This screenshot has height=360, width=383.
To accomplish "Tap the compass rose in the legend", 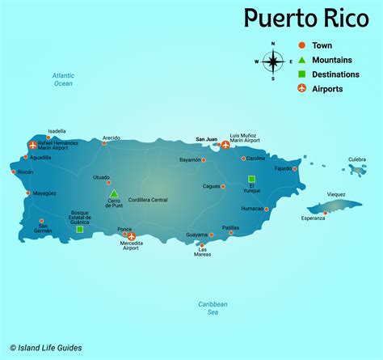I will point(272,61).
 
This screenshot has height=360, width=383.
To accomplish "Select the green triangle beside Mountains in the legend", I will point(301,60).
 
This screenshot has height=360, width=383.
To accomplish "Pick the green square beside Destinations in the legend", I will point(301,74).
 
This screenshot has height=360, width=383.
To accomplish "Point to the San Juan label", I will point(207,138).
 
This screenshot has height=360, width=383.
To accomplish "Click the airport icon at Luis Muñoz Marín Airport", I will point(225,146).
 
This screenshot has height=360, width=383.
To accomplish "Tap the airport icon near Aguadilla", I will point(33,146).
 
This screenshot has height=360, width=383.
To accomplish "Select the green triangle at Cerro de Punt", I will point(114,193).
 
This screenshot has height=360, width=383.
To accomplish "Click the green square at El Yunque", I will point(251,179).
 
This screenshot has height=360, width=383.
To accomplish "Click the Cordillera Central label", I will point(148,199).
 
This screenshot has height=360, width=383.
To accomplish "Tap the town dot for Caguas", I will point(224,186).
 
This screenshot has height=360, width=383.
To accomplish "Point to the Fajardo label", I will point(283,168).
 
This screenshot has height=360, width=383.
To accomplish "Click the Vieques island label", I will point(336,194).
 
